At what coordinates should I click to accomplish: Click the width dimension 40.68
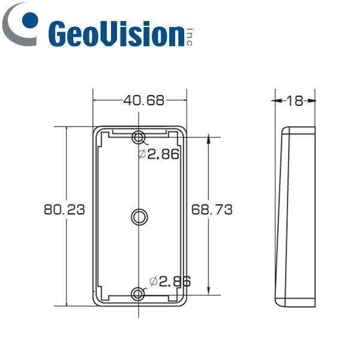(143, 101)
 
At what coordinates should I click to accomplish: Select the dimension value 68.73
(212, 209)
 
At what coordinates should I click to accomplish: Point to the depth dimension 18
(294, 101)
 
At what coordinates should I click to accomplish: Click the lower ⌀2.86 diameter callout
(170, 280)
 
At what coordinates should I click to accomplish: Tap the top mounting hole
(139, 137)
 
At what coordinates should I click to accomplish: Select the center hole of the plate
(139, 216)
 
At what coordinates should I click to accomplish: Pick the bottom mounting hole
(139, 294)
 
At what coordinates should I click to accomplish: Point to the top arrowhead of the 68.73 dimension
(208, 140)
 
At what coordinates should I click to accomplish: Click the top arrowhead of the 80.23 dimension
(66, 130)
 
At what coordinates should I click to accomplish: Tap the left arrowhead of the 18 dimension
(278, 101)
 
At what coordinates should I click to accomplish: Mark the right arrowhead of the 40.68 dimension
(182, 101)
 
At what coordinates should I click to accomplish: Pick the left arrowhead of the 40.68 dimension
(96, 101)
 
